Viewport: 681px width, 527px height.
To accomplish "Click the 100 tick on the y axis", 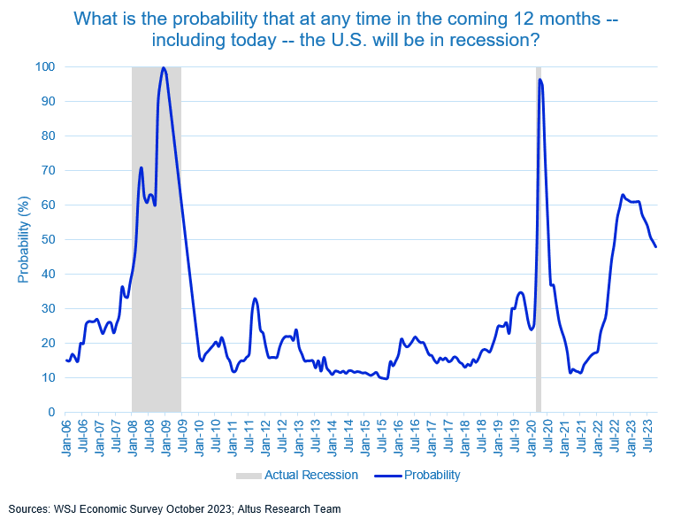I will coord(45,66).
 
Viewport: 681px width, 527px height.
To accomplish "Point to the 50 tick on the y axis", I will coord(49,239).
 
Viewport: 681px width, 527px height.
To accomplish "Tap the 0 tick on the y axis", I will coord(51,412).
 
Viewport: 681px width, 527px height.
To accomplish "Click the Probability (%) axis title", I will coord(24,240).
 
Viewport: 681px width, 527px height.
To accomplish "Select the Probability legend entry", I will coord(432,475).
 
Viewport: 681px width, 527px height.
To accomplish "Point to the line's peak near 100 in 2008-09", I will coord(164,67).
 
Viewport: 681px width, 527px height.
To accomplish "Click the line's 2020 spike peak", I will coord(539,80).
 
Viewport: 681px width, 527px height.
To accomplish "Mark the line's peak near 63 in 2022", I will coord(623,195).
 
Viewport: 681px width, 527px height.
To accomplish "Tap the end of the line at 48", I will coord(655,246).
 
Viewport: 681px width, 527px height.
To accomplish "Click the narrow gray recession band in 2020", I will coord(538,266).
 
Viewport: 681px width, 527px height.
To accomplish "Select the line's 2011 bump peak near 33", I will coord(255,298).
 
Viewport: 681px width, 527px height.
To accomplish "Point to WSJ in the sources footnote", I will coord(67,509).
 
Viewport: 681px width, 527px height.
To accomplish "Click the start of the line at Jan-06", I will coord(65,360).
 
